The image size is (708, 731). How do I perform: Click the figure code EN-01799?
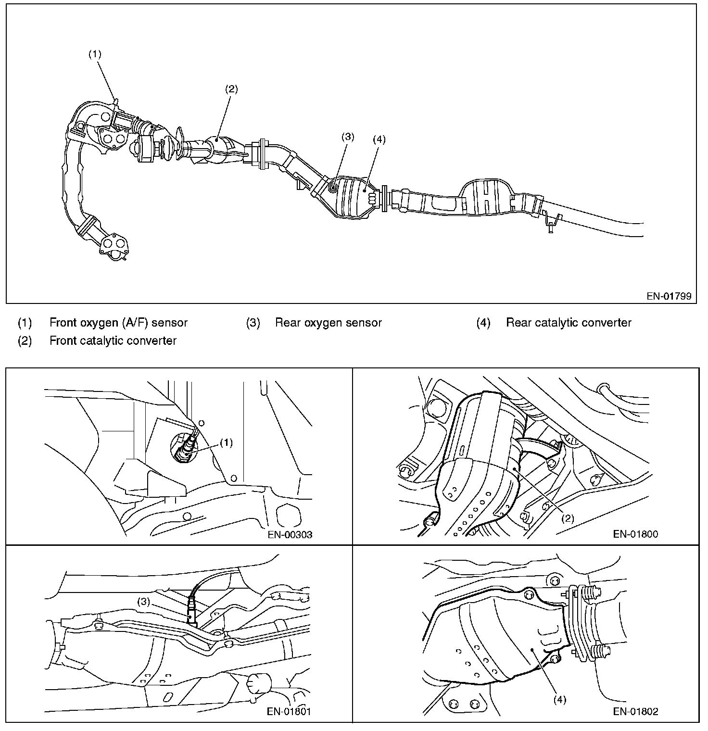click(669, 296)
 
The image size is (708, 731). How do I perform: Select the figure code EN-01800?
click(635, 534)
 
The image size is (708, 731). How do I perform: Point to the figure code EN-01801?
click(289, 711)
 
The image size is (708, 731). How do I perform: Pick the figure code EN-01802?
click(635, 711)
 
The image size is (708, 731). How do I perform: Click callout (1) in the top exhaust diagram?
click(95, 54)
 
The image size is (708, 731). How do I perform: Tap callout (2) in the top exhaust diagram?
click(231, 89)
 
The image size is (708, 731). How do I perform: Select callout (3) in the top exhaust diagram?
click(348, 137)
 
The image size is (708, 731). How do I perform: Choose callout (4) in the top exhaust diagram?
click(379, 139)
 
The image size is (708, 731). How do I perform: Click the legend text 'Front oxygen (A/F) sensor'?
click(118, 323)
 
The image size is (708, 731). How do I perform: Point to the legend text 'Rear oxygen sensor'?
click(328, 323)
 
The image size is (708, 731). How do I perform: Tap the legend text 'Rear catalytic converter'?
click(568, 323)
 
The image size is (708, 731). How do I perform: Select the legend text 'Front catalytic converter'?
click(113, 341)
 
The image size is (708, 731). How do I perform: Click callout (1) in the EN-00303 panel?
click(226, 443)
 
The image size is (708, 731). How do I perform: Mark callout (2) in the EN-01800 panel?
click(568, 518)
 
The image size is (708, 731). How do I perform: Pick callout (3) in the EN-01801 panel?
click(145, 601)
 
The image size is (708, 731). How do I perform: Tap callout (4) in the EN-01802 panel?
click(559, 700)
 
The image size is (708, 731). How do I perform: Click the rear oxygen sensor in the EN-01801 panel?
click(192, 613)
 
